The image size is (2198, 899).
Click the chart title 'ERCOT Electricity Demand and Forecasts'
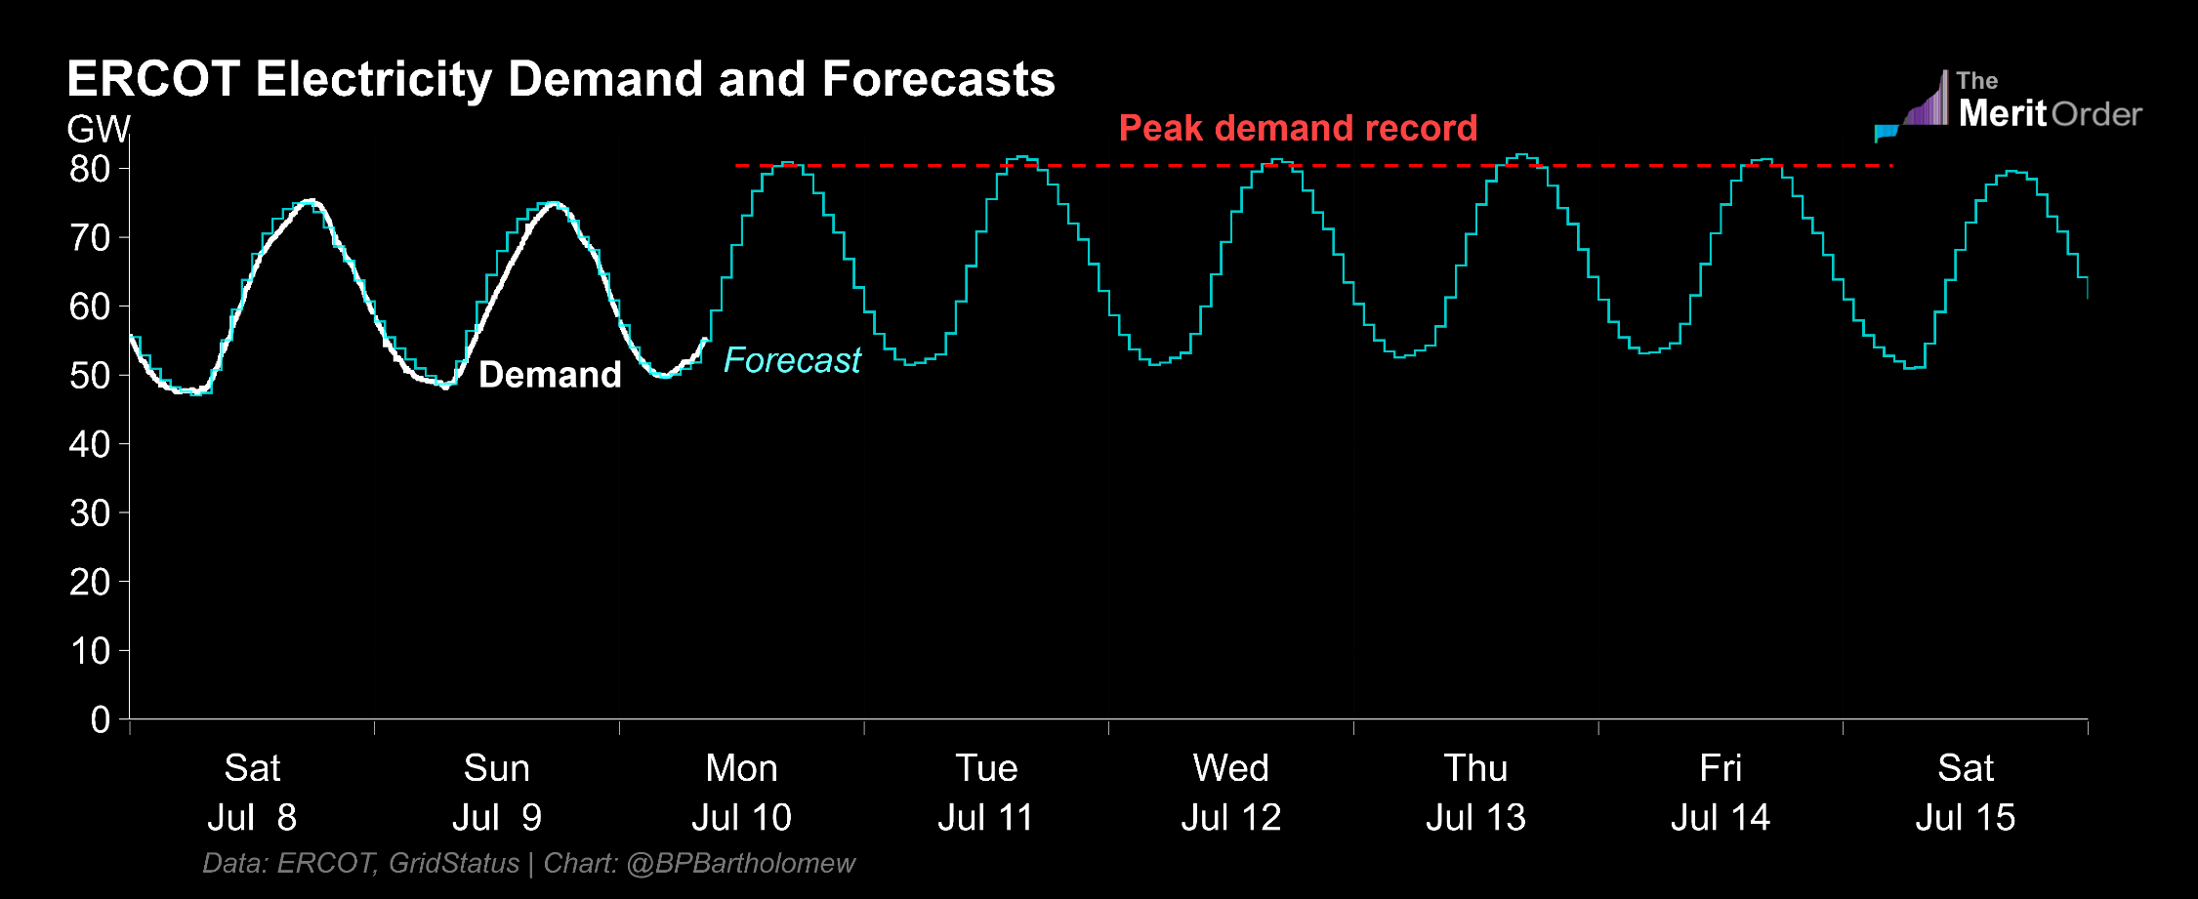[560, 79]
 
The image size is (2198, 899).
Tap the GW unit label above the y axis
[98, 129]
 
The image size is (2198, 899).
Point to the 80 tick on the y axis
[90, 169]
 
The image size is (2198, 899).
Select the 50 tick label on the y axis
[90, 376]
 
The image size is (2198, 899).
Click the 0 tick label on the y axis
[100, 720]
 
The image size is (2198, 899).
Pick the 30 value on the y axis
[90, 513]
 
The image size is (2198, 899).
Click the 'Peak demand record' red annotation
[1298, 128]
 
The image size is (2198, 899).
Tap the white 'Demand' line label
[550, 375]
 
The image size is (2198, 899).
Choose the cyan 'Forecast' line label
[792, 360]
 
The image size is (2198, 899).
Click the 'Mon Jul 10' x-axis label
[741, 793]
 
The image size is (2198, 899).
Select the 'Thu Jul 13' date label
[1475, 793]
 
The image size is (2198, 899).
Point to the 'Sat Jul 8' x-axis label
[252, 793]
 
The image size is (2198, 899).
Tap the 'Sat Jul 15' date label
[1965, 793]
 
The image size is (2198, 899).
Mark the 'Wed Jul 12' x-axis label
[1230, 793]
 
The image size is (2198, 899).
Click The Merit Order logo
[2010, 104]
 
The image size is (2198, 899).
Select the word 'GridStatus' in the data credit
[454, 863]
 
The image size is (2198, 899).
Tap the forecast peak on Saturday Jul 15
[2011, 172]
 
